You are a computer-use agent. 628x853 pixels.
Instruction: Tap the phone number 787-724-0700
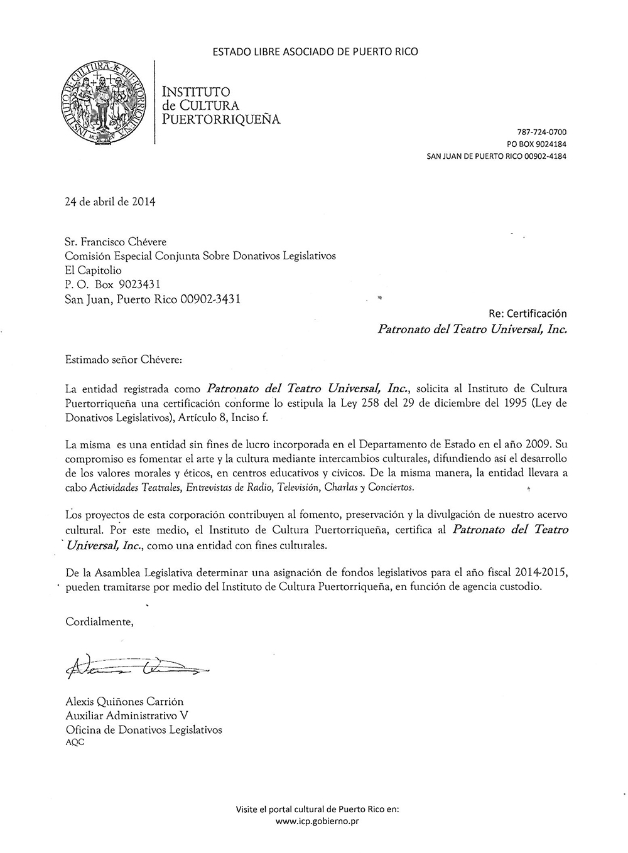pyautogui.click(x=541, y=132)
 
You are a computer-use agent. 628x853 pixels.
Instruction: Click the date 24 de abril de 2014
pyautogui.click(x=110, y=202)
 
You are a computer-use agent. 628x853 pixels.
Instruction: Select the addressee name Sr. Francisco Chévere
pyautogui.click(x=116, y=242)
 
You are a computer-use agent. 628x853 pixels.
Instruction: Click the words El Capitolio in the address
pyautogui.click(x=94, y=271)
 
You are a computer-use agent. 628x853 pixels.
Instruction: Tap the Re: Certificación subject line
pyautogui.click(x=528, y=313)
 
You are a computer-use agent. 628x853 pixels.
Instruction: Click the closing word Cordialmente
pyautogui.click(x=100, y=622)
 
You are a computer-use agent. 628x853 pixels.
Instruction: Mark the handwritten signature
pyautogui.click(x=135, y=668)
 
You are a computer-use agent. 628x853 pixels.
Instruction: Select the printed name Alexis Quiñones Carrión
pyautogui.click(x=124, y=702)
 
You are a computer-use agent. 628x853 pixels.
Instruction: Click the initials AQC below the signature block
pyautogui.click(x=75, y=742)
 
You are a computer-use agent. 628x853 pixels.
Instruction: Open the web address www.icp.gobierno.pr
pyautogui.click(x=317, y=821)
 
